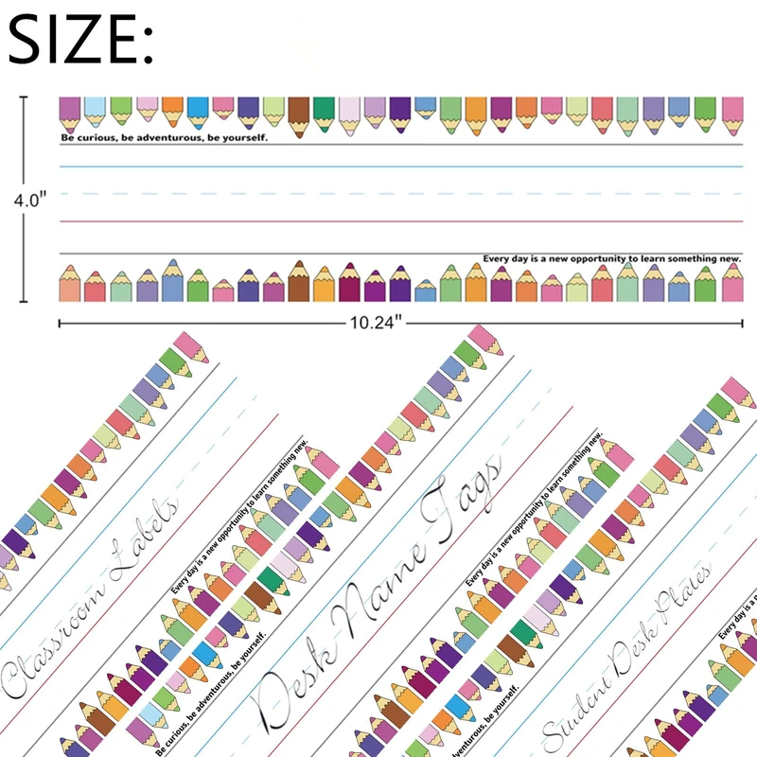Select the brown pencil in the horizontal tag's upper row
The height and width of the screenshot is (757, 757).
coord(298,113)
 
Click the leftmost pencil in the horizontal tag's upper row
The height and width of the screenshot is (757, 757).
coord(70,112)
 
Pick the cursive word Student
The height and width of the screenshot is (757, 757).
coord(582,695)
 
